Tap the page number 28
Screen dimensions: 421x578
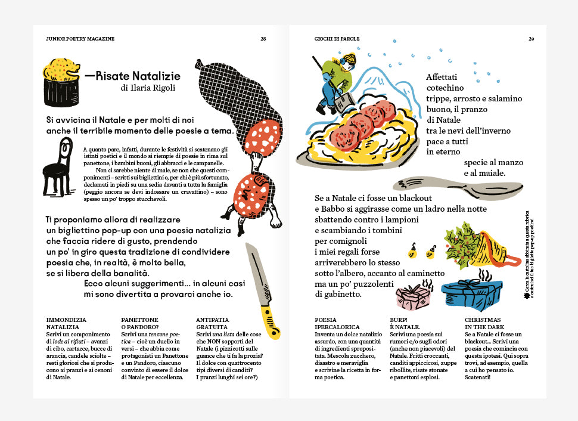[263, 39]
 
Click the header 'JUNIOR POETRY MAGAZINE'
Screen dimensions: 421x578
[80, 39]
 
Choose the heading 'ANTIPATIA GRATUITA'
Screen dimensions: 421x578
[212, 323]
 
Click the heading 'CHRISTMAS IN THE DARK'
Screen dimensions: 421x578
[483, 323]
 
